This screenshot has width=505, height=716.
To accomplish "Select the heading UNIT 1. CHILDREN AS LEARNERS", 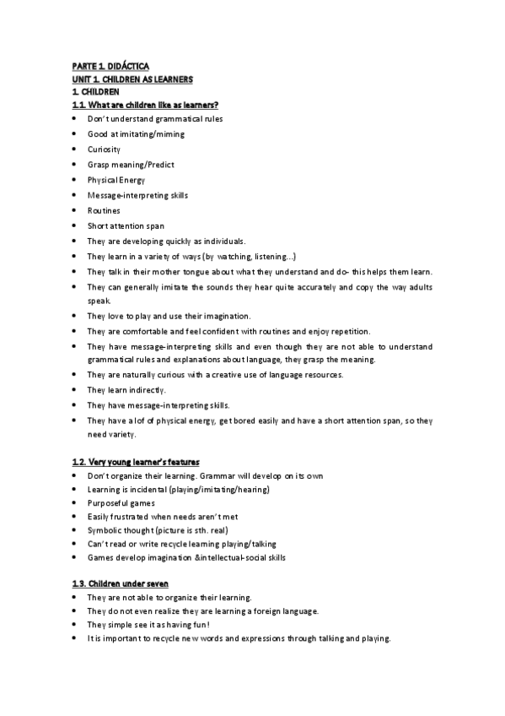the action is pos(132,79).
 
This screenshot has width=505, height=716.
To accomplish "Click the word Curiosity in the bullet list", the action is pos(104,149).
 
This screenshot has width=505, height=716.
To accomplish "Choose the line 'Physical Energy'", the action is pos(116,180).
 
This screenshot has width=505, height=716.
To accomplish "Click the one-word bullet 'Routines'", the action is pos(104,210).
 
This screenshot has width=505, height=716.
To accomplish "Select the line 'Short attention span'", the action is pos(126,225).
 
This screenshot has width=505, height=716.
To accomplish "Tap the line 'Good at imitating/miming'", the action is pos(136,134).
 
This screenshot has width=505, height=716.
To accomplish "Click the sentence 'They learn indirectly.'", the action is pos(126,390).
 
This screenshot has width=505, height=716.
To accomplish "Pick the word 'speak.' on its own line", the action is pos(99,300).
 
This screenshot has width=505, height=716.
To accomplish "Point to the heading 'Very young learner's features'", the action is pos(146,462).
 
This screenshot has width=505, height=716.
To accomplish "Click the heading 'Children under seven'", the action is pos(132,584).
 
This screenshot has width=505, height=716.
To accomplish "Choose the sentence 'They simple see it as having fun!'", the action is pos(148,625).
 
